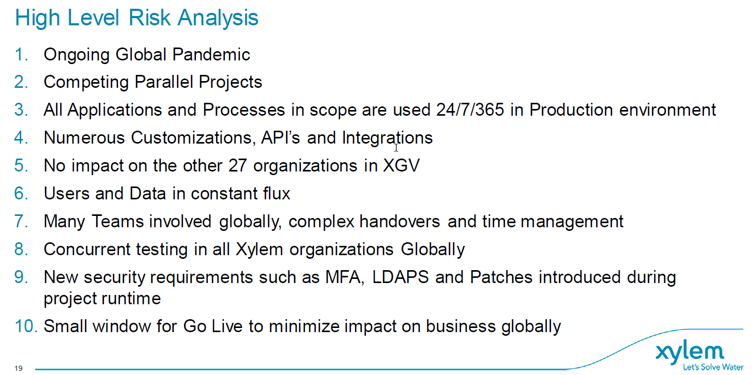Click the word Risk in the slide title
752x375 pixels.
(149, 18)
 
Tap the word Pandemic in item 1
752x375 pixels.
(211, 54)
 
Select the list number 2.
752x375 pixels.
(21, 82)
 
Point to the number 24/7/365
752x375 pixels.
(470, 110)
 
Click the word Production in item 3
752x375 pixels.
(571, 110)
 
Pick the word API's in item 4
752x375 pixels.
(280, 137)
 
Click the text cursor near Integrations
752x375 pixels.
(396, 148)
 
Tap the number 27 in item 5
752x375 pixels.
(237, 166)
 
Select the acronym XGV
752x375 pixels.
(402, 166)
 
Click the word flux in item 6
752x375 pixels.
(277, 194)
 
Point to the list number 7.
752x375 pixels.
(21, 222)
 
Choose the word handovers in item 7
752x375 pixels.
(400, 222)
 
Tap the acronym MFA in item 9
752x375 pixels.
(345, 277)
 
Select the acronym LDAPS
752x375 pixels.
(401, 277)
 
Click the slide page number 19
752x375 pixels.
(19, 368)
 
